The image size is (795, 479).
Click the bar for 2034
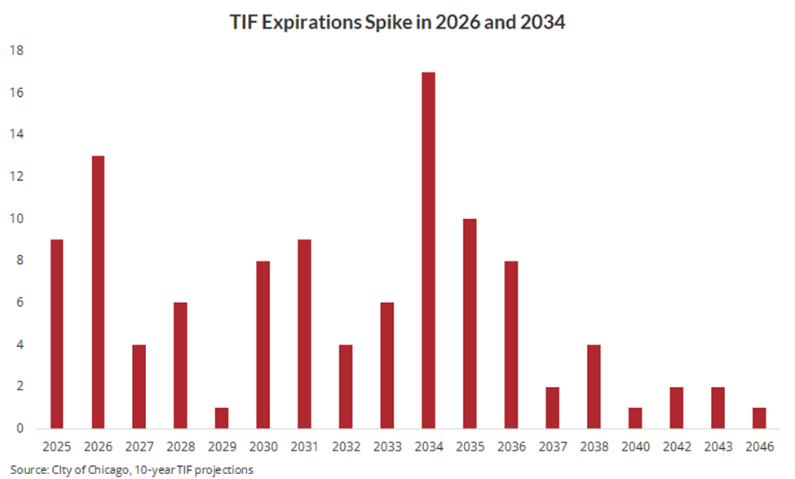pos(427,250)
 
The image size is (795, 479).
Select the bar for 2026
pos(98,292)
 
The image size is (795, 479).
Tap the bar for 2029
pos(222,418)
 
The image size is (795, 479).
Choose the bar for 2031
pos(304,334)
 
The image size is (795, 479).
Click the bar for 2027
pos(139,386)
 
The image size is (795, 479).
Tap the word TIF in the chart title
pos(245,23)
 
